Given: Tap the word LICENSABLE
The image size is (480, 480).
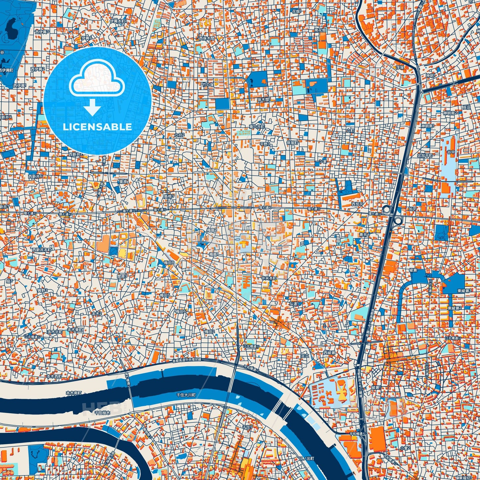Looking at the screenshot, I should pyautogui.click(x=97, y=127).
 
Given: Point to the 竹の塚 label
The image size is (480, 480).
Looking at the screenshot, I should pyautogui.click(x=208, y=85).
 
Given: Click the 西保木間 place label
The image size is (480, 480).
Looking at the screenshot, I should pyautogui.click(x=206, y=39).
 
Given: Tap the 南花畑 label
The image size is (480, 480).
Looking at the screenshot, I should pyautogui.click(x=320, y=30).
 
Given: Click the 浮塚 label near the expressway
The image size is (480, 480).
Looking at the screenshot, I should pyautogui.click(x=400, y=67).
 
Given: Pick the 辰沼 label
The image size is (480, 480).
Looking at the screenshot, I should pyautogui.click(x=466, y=108).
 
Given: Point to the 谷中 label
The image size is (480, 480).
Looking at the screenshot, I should pyautogui.click(x=451, y=152).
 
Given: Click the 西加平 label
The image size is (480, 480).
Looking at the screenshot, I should pyautogui.click(x=357, y=204).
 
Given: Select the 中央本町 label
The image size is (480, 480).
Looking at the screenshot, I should pyautogui.click(x=268, y=278).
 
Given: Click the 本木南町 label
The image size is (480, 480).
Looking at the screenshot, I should pyautogui.click(x=73, y=393).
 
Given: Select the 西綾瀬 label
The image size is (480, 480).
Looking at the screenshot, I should pyautogui.click(x=329, y=352).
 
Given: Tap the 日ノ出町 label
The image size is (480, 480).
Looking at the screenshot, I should pyautogui.click(x=306, y=459).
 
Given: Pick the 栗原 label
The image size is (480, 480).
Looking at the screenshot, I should pyautogui.click(x=123, y=182).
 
